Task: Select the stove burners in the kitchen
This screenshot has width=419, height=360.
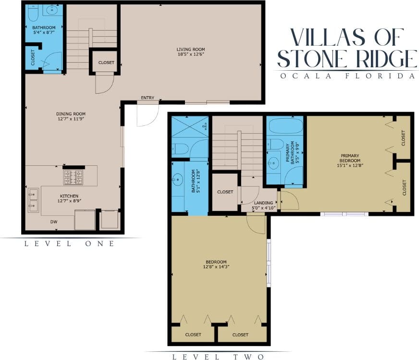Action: coord(73,177)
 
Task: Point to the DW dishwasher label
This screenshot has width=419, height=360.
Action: coord(54,222)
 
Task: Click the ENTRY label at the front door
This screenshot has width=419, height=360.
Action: coord(148,98)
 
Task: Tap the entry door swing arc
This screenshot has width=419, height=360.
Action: coord(148,115)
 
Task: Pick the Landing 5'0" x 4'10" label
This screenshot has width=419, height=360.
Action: coord(264,205)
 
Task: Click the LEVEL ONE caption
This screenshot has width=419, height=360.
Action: coord(70,244)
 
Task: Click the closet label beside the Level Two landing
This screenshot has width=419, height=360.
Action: coord(225,192)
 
